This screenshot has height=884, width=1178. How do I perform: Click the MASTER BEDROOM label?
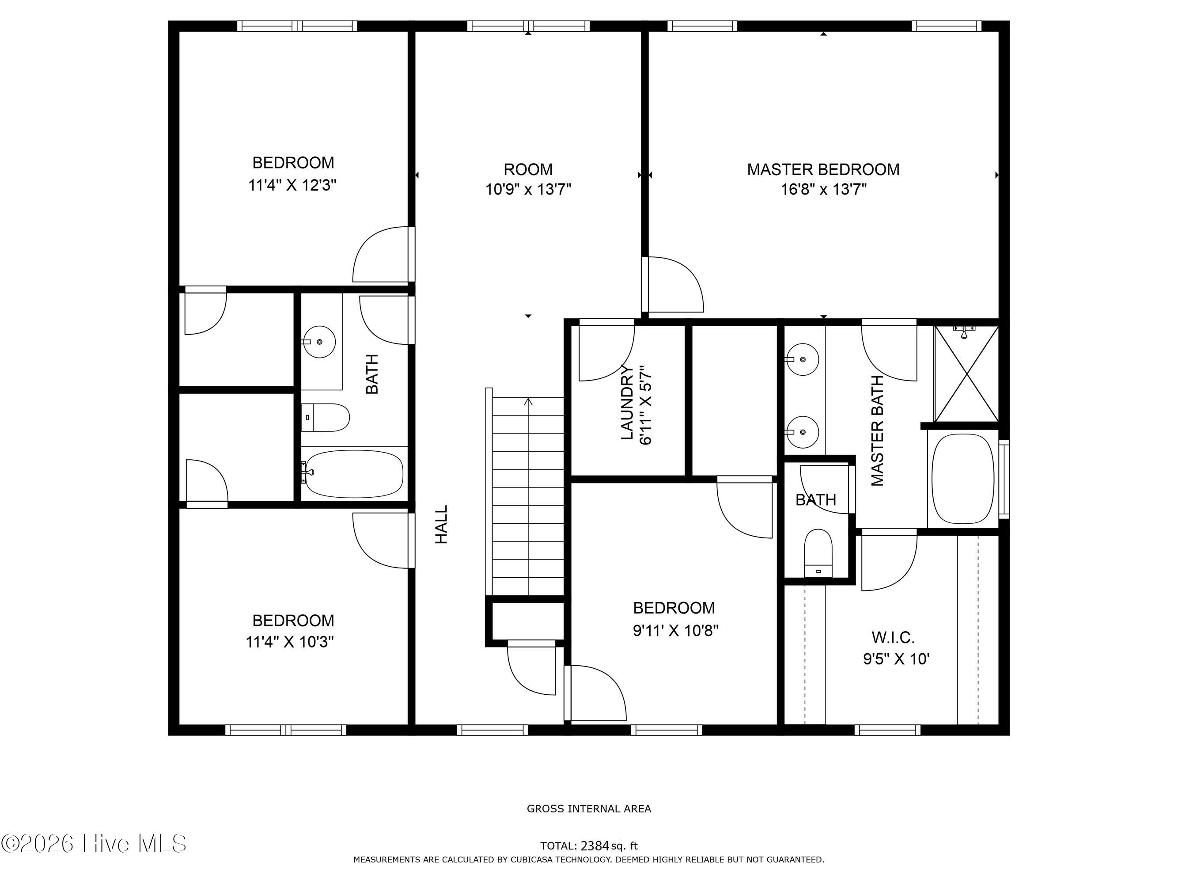[x=823, y=169]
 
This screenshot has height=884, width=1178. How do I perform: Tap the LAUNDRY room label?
[x=627, y=403]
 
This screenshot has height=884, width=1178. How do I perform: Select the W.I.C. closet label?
[x=893, y=637]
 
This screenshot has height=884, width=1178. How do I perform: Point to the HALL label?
[x=442, y=524]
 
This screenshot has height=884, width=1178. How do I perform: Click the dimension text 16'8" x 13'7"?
[x=823, y=189]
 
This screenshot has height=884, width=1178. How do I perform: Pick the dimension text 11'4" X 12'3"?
[x=292, y=186]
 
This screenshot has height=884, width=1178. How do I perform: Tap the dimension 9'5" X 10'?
[x=896, y=659]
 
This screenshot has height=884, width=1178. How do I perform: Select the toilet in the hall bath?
[x=326, y=417]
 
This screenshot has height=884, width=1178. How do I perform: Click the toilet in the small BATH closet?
[x=818, y=554]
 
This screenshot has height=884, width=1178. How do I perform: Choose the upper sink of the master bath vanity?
[x=803, y=360]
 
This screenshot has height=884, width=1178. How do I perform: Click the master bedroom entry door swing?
[x=673, y=284]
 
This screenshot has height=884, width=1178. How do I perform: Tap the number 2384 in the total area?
[x=595, y=846]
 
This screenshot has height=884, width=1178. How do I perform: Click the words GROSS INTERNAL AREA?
[x=589, y=809]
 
